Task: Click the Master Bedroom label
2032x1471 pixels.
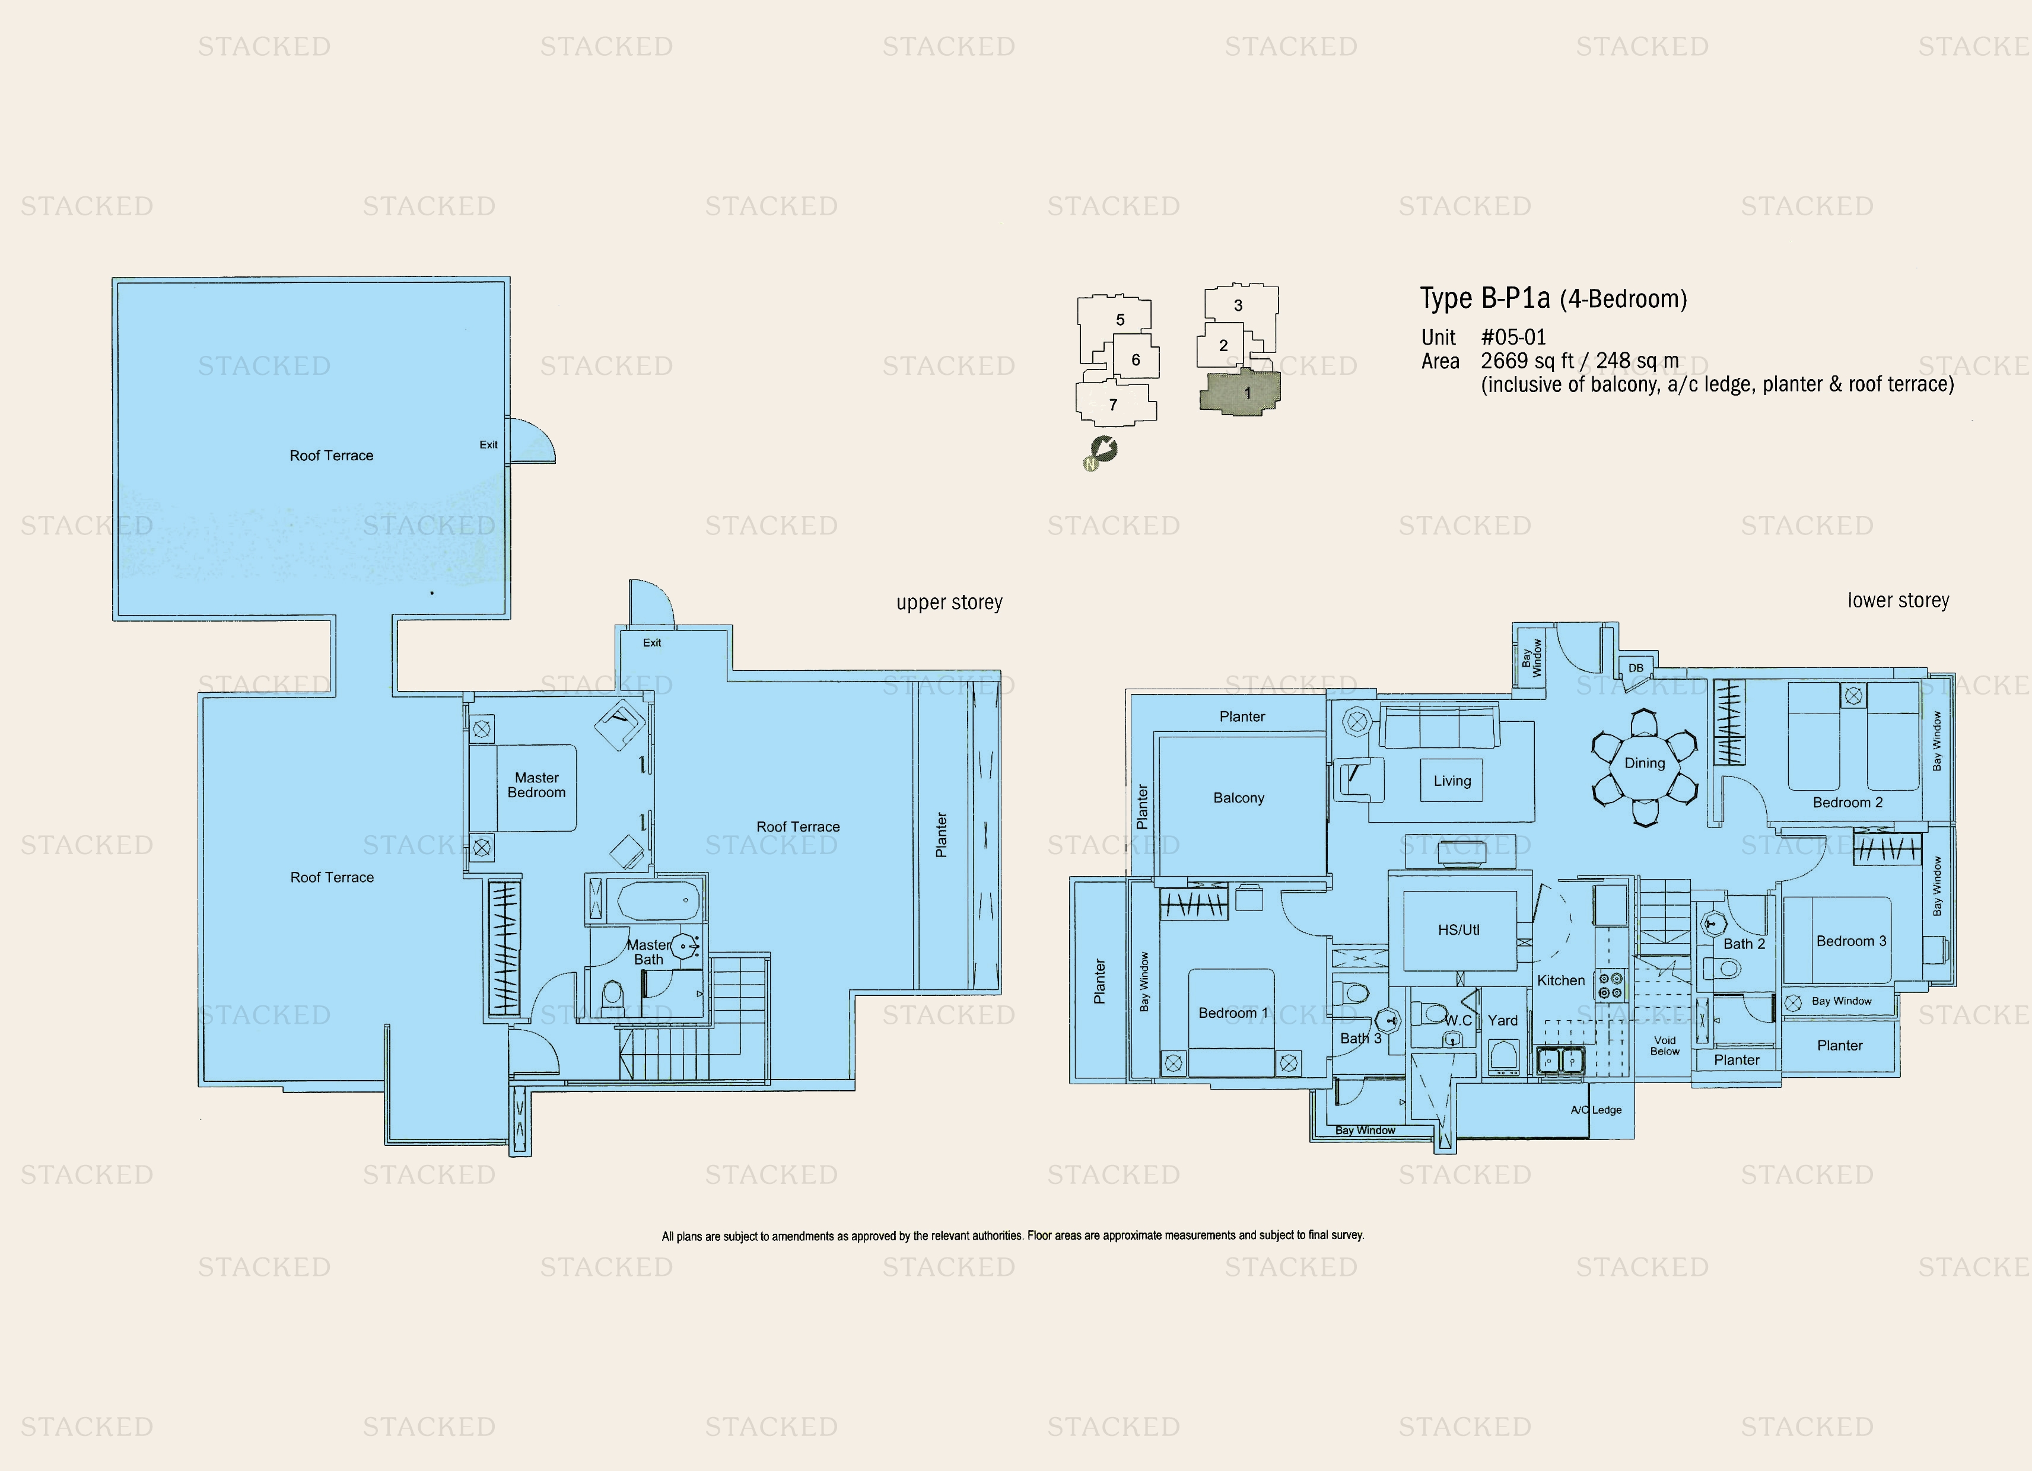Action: [537, 785]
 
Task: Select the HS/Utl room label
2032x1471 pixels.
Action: [1459, 930]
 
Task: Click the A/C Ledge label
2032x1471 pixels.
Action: [1596, 1110]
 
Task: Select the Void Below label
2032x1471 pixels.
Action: [1665, 1046]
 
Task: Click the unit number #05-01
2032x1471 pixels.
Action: [1513, 337]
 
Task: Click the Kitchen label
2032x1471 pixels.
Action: [1561, 980]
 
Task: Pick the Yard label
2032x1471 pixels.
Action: [1503, 1020]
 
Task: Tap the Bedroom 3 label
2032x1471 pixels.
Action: [1851, 941]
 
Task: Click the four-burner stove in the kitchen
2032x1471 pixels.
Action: [1610, 985]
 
